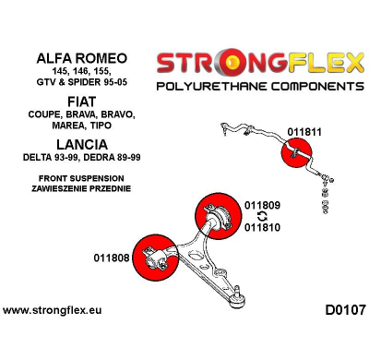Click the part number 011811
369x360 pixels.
(x=304, y=132)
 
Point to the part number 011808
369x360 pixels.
(x=111, y=258)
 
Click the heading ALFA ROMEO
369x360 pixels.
(x=83, y=58)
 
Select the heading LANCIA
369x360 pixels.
(x=82, y=144)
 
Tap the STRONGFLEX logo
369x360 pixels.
(x=260, y=63)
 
